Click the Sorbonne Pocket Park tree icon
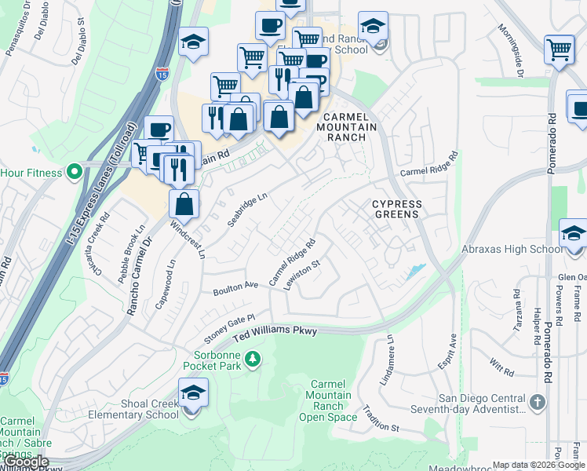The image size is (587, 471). tap(253, 360)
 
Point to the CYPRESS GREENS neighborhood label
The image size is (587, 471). tap(396, 209)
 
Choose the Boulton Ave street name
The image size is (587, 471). tap(235, 290)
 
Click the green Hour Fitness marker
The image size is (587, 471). tap(75, 170)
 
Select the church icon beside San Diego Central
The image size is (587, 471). tap(538, 403)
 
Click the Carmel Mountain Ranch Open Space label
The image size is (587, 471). tap(328, 400)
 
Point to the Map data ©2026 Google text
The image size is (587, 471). tap(537, 465)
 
